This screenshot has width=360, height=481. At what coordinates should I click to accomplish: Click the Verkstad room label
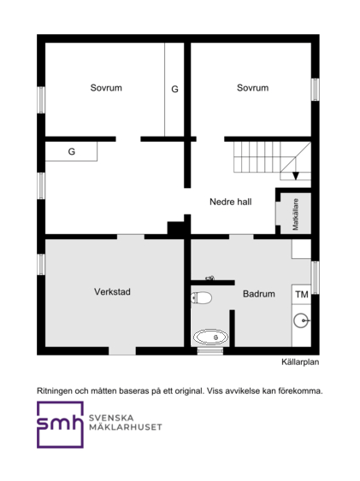coord(112,291)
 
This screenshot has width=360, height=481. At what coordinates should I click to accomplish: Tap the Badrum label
coord(259,294)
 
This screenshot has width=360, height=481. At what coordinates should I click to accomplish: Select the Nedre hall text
coord(231,202)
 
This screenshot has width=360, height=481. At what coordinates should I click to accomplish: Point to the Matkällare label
coord(296,214)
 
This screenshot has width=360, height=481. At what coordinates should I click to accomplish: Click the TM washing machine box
coord(301,295)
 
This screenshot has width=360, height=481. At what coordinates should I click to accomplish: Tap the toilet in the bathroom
coord(201,297)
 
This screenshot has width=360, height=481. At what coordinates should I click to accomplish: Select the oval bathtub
coord(211,337)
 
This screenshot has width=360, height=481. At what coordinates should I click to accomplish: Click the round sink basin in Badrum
coord(301,320)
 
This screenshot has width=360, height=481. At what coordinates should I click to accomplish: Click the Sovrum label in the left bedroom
coord(106,88)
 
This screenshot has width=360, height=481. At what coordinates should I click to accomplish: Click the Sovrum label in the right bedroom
coord(252,88)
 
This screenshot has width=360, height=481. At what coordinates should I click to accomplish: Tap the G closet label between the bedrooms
coord(174,89)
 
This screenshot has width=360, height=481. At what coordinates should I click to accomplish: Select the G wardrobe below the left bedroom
coord(71,151)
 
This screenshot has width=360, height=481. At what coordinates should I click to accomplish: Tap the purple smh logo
coord(60,425)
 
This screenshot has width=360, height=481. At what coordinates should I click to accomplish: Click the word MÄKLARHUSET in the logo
coord(125,427)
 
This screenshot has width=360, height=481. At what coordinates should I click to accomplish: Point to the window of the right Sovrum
coord(316,90)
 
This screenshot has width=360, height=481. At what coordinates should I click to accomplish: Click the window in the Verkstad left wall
coord(41,265)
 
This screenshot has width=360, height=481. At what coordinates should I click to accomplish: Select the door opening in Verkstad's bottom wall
coord(122,351)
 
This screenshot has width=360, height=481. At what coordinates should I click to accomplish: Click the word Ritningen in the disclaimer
coord(55,391)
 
